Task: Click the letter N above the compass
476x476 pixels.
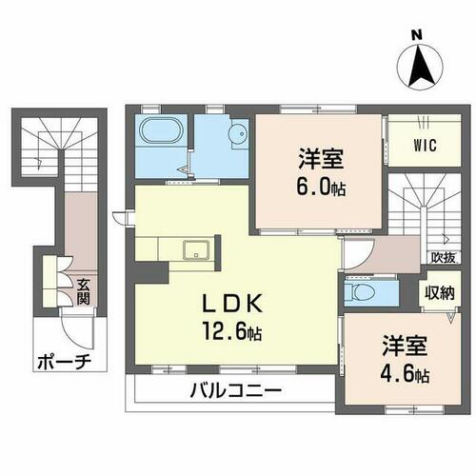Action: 417,34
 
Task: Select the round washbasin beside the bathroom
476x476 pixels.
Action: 241,134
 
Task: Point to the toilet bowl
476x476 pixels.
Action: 360,291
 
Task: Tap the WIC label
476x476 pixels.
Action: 425,146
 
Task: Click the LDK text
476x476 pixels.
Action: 232,304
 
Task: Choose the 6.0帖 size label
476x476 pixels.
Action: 321,188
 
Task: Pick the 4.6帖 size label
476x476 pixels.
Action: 405,375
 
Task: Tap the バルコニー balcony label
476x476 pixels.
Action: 236,390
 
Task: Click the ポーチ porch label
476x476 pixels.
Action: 65,362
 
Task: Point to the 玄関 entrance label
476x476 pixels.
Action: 83,292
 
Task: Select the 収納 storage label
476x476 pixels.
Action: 440,292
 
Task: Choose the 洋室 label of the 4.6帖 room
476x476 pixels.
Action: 405,346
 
